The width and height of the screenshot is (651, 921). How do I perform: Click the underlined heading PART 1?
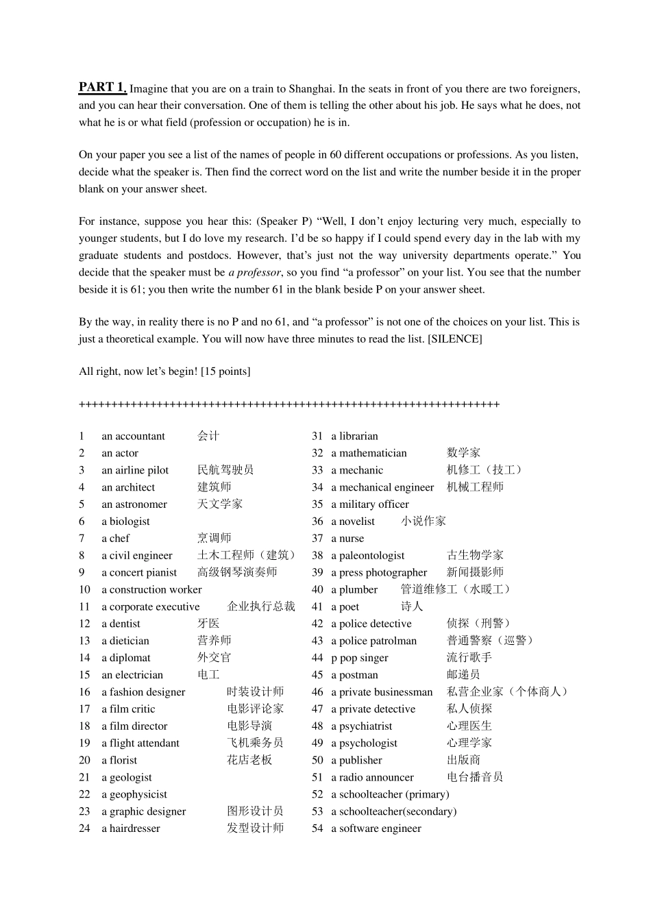tap(102, 87)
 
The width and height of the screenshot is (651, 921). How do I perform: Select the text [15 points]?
tap(225, 371)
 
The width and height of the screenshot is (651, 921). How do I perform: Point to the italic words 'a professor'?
tap(254, 273)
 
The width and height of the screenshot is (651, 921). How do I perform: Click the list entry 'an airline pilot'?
tap(135, 470)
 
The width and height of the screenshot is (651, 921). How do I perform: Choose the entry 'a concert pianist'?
tap(139, 572)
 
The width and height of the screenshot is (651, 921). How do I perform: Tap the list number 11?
tap(84, 606)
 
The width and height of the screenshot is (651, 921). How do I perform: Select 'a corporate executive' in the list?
tap(151, 606)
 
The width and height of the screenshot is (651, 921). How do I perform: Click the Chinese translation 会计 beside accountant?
tap(208, 436)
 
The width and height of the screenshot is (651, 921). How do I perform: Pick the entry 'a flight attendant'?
tap(140, 743)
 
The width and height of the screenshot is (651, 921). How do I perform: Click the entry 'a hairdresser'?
tap(131, 828)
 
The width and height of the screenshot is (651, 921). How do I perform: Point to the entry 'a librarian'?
tap(354, 436)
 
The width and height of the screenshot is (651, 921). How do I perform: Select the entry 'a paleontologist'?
tap(367, 555)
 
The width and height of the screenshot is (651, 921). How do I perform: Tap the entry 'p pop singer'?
tap(359, 658)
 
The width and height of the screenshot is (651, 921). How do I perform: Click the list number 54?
tap(317, 828)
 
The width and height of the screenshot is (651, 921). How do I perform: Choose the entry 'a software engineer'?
tap(376, 828)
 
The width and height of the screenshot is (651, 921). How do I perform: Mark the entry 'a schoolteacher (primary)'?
tap(390, 794)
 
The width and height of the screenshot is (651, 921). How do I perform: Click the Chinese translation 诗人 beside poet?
tap(412, 606)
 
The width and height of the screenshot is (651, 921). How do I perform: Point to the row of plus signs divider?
tap(289, 404)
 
